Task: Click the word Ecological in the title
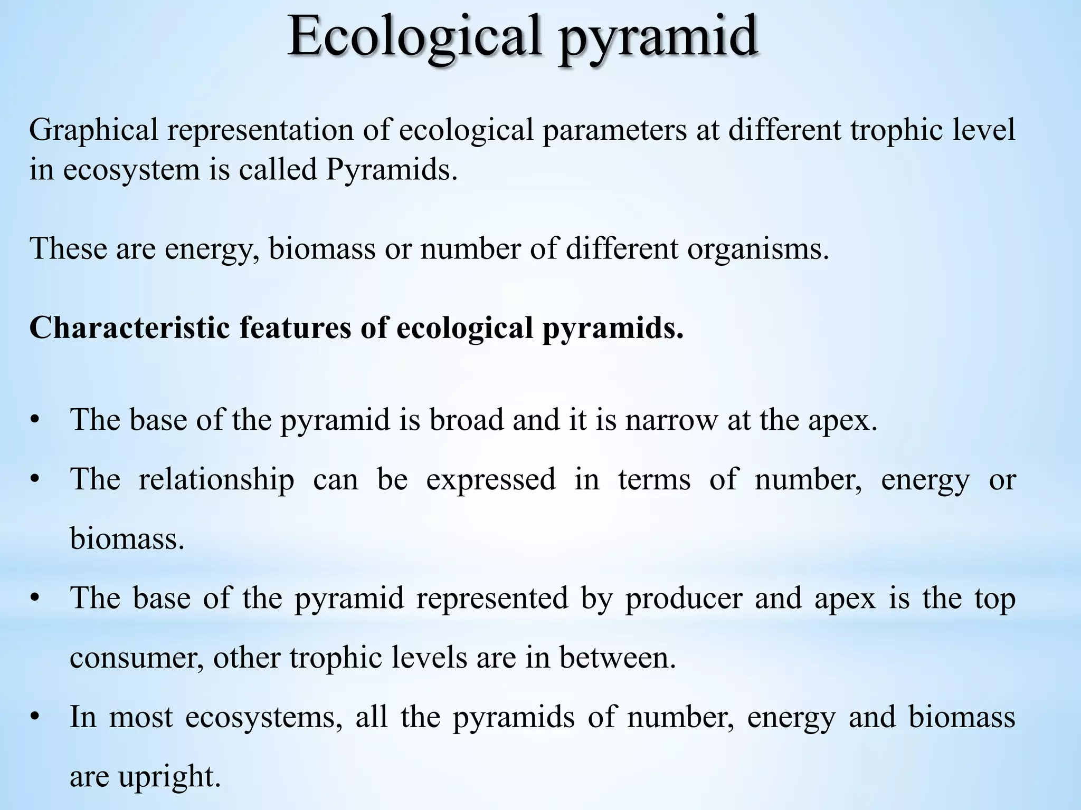coord(414,37)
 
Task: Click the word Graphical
coord(93,131)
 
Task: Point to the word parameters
coord(614,131)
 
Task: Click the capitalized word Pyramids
coord(391,170)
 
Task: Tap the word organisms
coord(758,249)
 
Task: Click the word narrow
coord(671,420)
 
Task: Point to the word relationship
coord(216,480)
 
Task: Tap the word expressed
coord(491,480)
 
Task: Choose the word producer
coord(684,599)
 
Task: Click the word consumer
coord(136,658)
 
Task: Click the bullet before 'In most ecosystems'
coord(35,717)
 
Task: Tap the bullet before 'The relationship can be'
coord(35,480)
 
